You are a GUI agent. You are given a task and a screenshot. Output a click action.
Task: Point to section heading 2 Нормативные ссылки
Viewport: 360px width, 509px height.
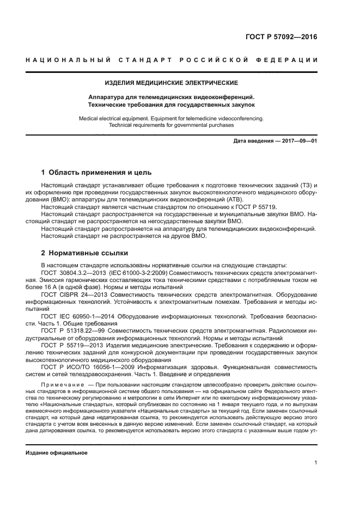(x=85, y=253)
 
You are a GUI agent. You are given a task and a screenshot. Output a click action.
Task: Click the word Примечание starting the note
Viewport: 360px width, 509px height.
(x=60, y=384)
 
